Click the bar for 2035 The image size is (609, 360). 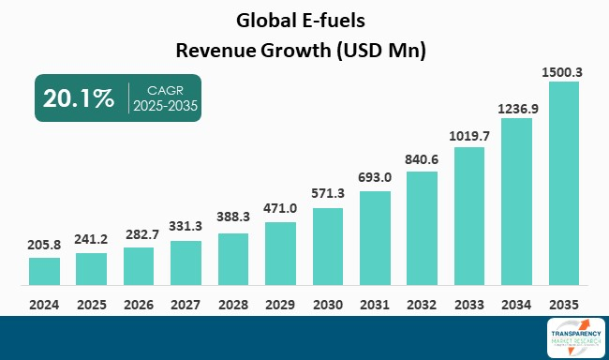pyautogui.click(x=563, y=183)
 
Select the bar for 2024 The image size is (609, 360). pyautogui.click(x=44, y=271)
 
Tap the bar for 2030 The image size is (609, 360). pyautogui.click(x=328, y=246)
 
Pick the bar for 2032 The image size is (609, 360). pyautogui.click(x=422, y=228)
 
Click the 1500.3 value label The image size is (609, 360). pyautogui.click(x=563, y=71)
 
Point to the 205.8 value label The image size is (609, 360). pyautogui.click(x=44, y=244)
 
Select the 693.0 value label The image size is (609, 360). pyautogui.click(x=375, y=177)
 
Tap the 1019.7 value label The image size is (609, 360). pyautogui.click(x=469, y=135)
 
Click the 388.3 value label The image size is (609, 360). pyautogui.click(x=233, y=219)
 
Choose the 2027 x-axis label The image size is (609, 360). pyautogui.click(x=186, y=304)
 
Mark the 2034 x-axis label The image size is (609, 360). pyautogui.click(x=516, y=304)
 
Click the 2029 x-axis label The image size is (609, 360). pyautogui.click(x=280, y=304)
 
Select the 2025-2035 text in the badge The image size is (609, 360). pyautogui.click(x=165, y=106)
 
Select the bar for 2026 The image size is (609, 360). pyautogui.click(x=139, y=265)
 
